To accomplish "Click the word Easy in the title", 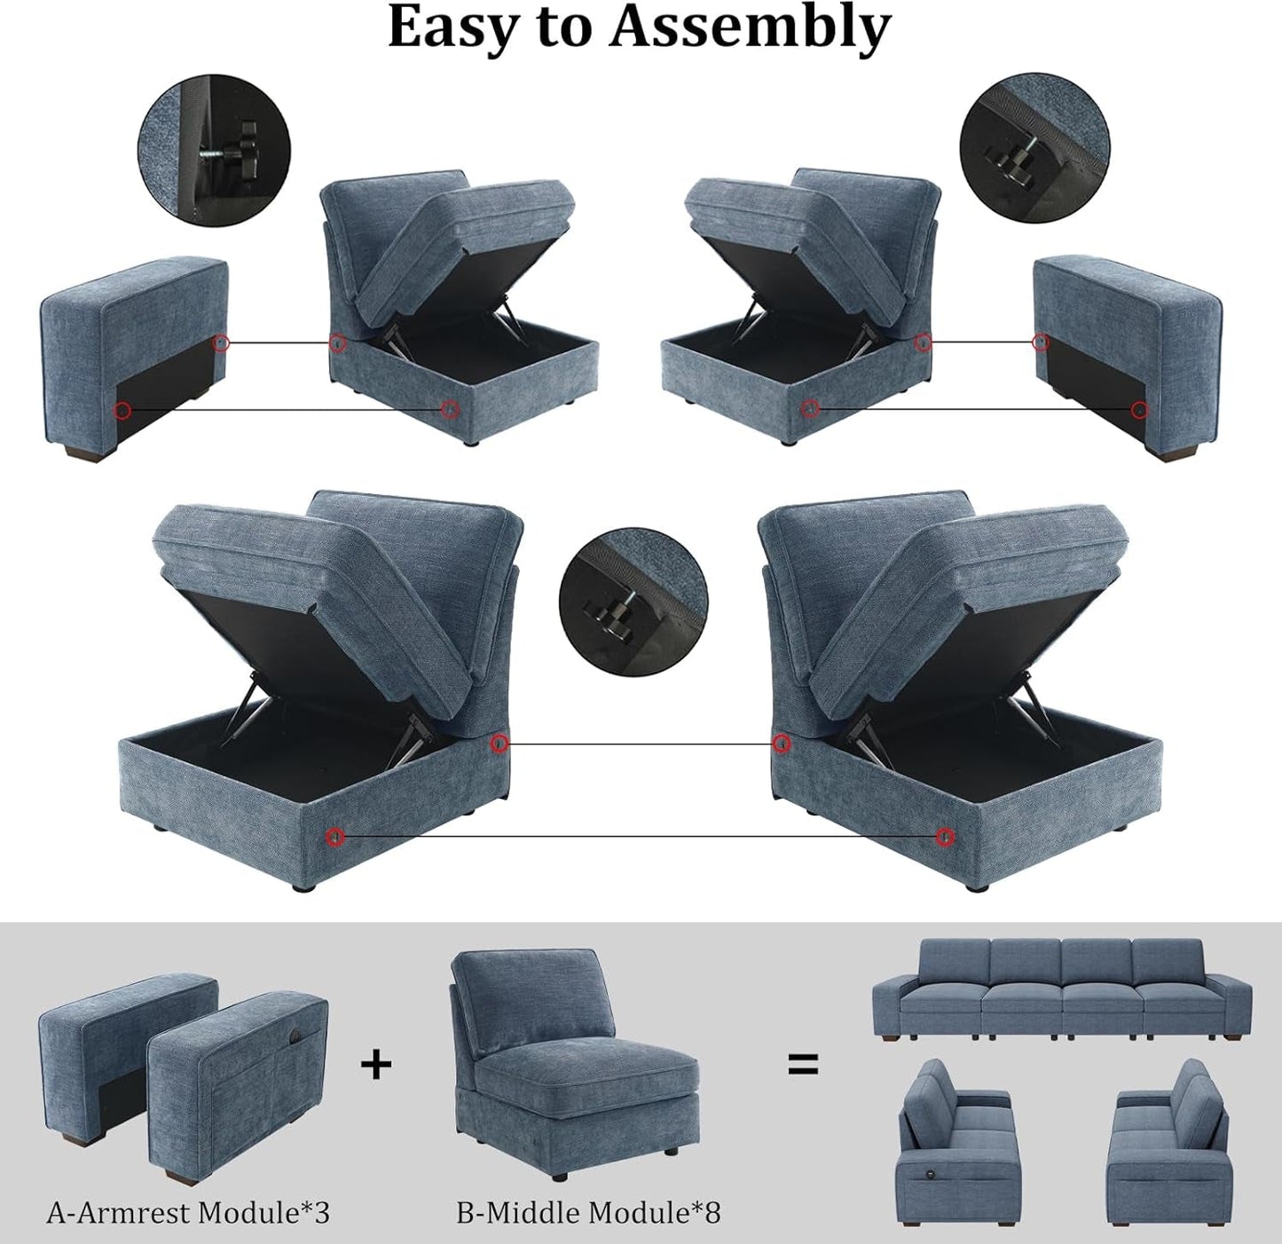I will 452,28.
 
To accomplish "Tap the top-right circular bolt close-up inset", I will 1034,147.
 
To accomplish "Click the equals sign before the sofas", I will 803,1064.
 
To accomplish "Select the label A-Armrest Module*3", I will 188,1212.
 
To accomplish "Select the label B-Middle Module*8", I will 588,1212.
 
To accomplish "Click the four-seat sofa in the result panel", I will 1061,987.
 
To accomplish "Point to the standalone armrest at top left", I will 133,355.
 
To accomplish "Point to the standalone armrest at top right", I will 1129,355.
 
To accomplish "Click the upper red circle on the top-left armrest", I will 222,342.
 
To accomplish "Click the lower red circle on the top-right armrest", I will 1140,409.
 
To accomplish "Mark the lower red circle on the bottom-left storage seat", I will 334,836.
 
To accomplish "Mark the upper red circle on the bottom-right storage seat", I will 781,743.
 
